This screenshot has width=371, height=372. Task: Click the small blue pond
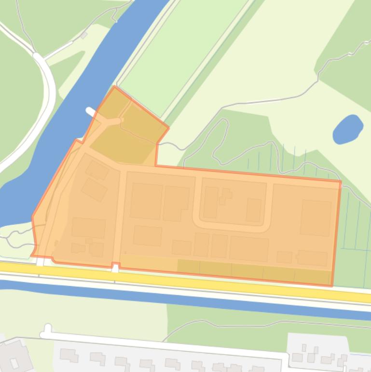point(347,129)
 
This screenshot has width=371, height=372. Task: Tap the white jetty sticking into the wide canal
point(91,112)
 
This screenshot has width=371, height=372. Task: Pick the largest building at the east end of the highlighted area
point(316,218)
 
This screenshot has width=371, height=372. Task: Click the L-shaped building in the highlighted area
point(176,203)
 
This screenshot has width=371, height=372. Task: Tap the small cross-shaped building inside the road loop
point(225,196)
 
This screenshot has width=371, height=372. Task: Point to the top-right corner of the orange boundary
point(341,182)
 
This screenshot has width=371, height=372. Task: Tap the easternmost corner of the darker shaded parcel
point(168,128)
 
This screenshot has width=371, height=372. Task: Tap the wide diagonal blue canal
point(72,111)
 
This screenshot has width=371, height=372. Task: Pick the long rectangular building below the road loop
point(249,248)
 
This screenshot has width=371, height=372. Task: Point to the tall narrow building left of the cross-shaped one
point(211,202)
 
